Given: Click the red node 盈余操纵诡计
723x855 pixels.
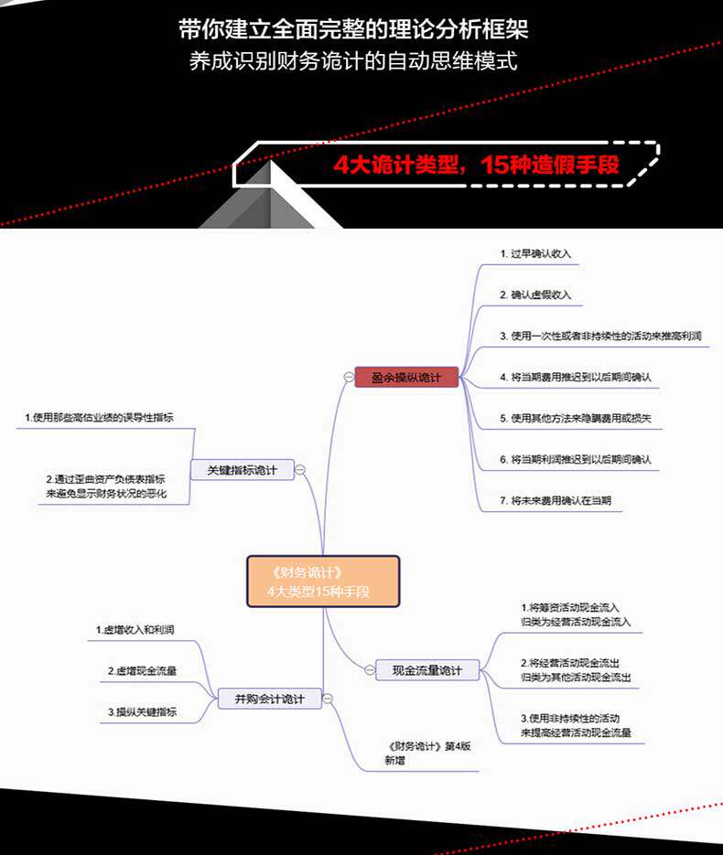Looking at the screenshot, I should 405,377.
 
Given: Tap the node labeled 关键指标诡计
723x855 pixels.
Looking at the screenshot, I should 243,470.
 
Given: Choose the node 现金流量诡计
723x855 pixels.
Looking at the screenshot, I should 427,670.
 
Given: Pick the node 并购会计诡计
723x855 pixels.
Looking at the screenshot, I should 269,700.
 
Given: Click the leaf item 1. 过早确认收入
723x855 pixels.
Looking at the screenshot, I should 535,253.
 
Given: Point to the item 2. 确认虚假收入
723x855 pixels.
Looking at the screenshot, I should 535,294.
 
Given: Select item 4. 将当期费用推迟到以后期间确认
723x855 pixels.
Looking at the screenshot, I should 575,377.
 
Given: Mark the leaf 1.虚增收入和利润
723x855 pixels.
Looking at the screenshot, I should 135,630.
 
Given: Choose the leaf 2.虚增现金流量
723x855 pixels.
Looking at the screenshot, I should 142,671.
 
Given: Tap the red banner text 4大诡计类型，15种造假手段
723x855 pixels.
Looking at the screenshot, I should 476,166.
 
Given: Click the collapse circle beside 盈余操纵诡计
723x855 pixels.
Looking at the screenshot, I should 348,377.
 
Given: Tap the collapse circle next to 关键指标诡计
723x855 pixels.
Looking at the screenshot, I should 300,470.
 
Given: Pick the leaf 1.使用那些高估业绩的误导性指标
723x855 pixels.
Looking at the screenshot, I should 99,418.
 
